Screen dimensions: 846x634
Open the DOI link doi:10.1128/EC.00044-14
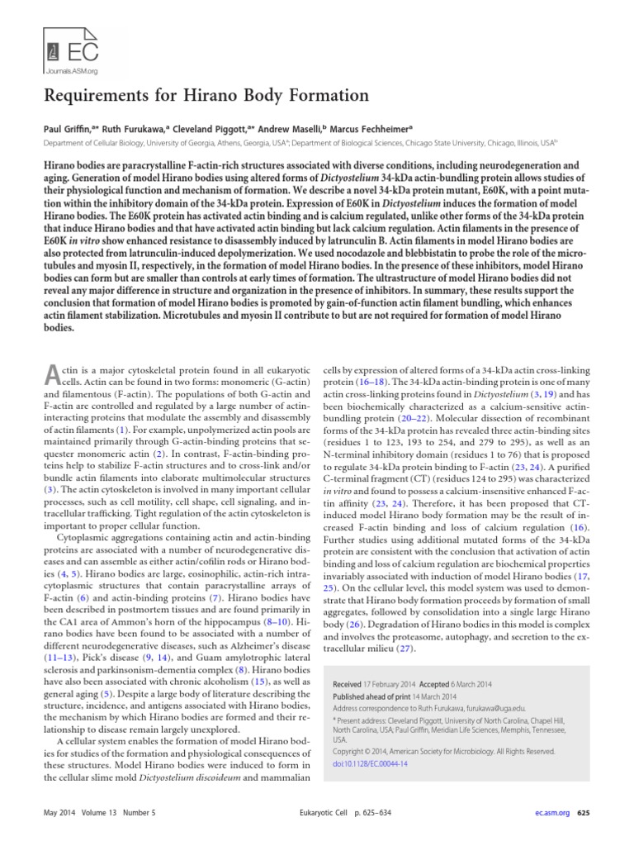tap(369, 763)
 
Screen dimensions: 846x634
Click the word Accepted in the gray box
tap(433, 685)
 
